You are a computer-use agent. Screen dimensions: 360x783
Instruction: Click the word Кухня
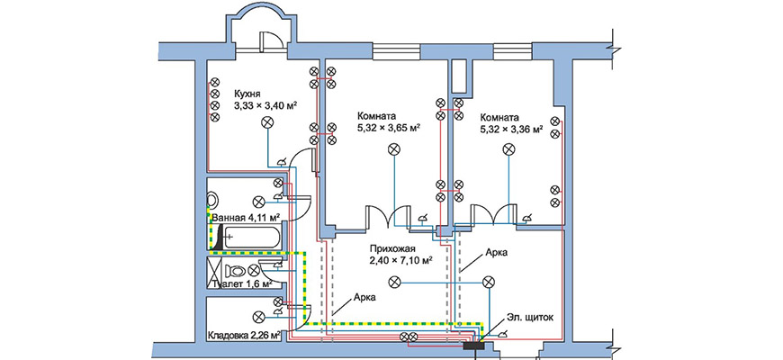248,93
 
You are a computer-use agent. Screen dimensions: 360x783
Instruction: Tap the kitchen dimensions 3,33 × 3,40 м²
265,105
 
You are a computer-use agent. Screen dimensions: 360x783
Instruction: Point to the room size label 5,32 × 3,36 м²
511,129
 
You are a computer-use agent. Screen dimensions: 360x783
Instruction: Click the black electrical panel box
473,344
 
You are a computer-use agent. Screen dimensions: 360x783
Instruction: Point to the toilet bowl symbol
237,270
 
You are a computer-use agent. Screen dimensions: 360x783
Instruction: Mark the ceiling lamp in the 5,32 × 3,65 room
391,151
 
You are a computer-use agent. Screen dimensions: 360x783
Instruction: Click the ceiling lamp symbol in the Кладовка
259,315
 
